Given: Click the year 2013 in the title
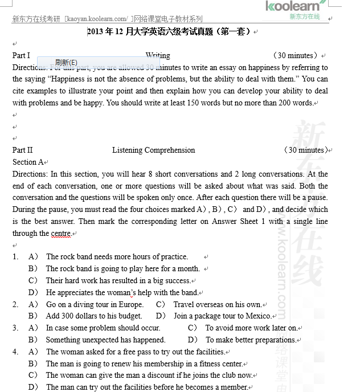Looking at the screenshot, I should click(x=96, y=32).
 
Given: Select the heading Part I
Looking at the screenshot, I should click(x=21, y=55).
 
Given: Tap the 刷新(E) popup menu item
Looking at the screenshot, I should click(x=66, y=62).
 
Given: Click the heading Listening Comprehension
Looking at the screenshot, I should click(x=153, y=150).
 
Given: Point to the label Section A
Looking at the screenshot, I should click(x=28, y=162).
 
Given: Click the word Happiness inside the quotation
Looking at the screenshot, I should click(x=78, y=79).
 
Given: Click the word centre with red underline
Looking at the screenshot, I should click(x=60, y=234).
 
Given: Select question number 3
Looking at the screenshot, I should click(x=15, y=328).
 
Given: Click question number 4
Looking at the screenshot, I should click(x=15, y=352).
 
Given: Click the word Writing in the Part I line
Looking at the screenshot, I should click(x=158, y=55).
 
